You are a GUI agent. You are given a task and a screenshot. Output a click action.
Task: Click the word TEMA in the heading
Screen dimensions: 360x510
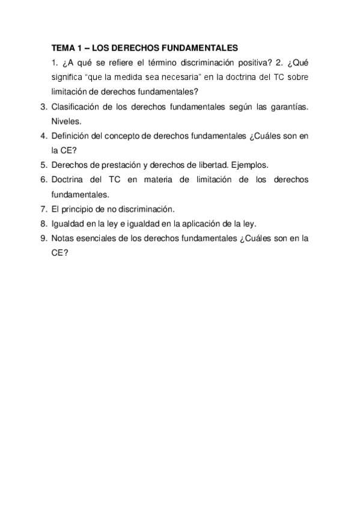(x=62, y=48)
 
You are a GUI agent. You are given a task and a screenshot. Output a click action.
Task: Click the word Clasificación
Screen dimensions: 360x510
(x=76, y=106)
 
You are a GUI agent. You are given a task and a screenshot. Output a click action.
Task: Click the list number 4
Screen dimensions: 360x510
(x=43, y=136)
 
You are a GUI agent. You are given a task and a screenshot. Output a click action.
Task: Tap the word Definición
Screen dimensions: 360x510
(x=72, y=136)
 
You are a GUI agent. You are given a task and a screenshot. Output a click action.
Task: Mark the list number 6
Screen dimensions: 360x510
(x=43, y=180)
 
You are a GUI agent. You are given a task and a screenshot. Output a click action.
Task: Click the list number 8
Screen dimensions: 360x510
(x=43, y=224)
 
